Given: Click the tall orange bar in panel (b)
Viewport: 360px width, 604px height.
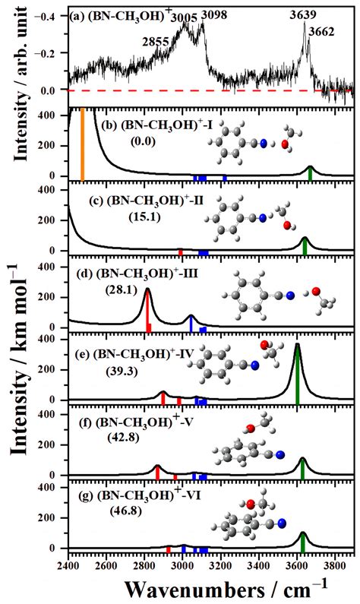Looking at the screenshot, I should [82, 144].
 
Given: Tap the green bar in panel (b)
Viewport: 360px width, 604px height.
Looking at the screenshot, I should [310, 174].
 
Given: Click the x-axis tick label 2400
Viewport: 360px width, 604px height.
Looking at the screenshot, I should [68, 564].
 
